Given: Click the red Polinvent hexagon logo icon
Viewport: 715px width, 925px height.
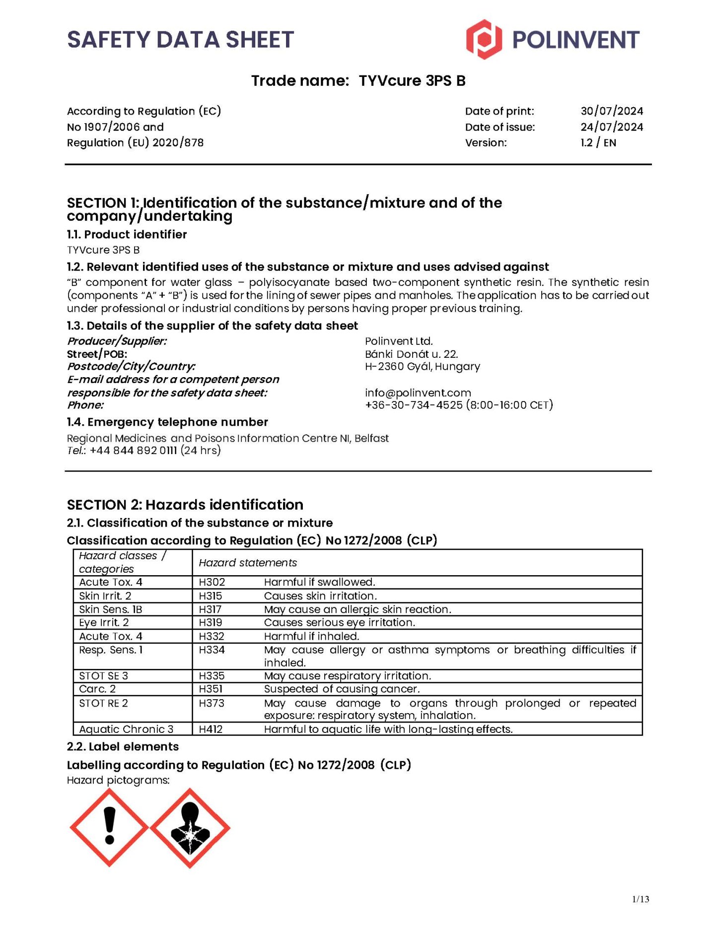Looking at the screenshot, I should [x=483, y=40].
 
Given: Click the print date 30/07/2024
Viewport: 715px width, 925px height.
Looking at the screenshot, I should [x=611, y=111].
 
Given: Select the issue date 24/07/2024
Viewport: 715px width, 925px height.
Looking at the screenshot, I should [x=611, y=127].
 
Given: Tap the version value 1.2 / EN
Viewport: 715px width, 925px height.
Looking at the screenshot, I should [x=598, y=143].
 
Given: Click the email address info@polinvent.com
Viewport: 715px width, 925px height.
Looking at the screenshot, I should [x=418, y=393].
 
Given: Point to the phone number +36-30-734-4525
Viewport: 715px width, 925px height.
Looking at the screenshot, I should [x=414, y=405].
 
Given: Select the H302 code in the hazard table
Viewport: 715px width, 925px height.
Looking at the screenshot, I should [x=212, y=582].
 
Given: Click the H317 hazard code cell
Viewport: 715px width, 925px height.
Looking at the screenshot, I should [x=210, y=609].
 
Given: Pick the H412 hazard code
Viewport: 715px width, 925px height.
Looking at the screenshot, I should [x=211, y=729].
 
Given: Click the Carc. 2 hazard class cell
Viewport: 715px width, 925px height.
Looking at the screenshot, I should [x=97, y=689].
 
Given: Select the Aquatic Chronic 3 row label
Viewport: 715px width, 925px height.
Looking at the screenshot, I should [x=126, y=729].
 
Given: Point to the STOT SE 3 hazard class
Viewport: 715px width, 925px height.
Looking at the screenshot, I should [x=103, y=676].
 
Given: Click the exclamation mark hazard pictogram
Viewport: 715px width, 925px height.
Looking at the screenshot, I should [x=109, y=827].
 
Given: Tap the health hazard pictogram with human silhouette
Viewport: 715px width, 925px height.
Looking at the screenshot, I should [x=190, y=828].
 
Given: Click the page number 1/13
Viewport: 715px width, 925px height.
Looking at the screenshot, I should [x=641, y=899].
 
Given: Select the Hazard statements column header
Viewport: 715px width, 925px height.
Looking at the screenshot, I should [x=248, y=563].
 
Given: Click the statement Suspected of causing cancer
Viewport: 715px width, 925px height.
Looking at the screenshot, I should [x=342, y=689].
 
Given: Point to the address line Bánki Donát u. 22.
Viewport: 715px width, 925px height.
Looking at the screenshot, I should [x=411, y=354].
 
